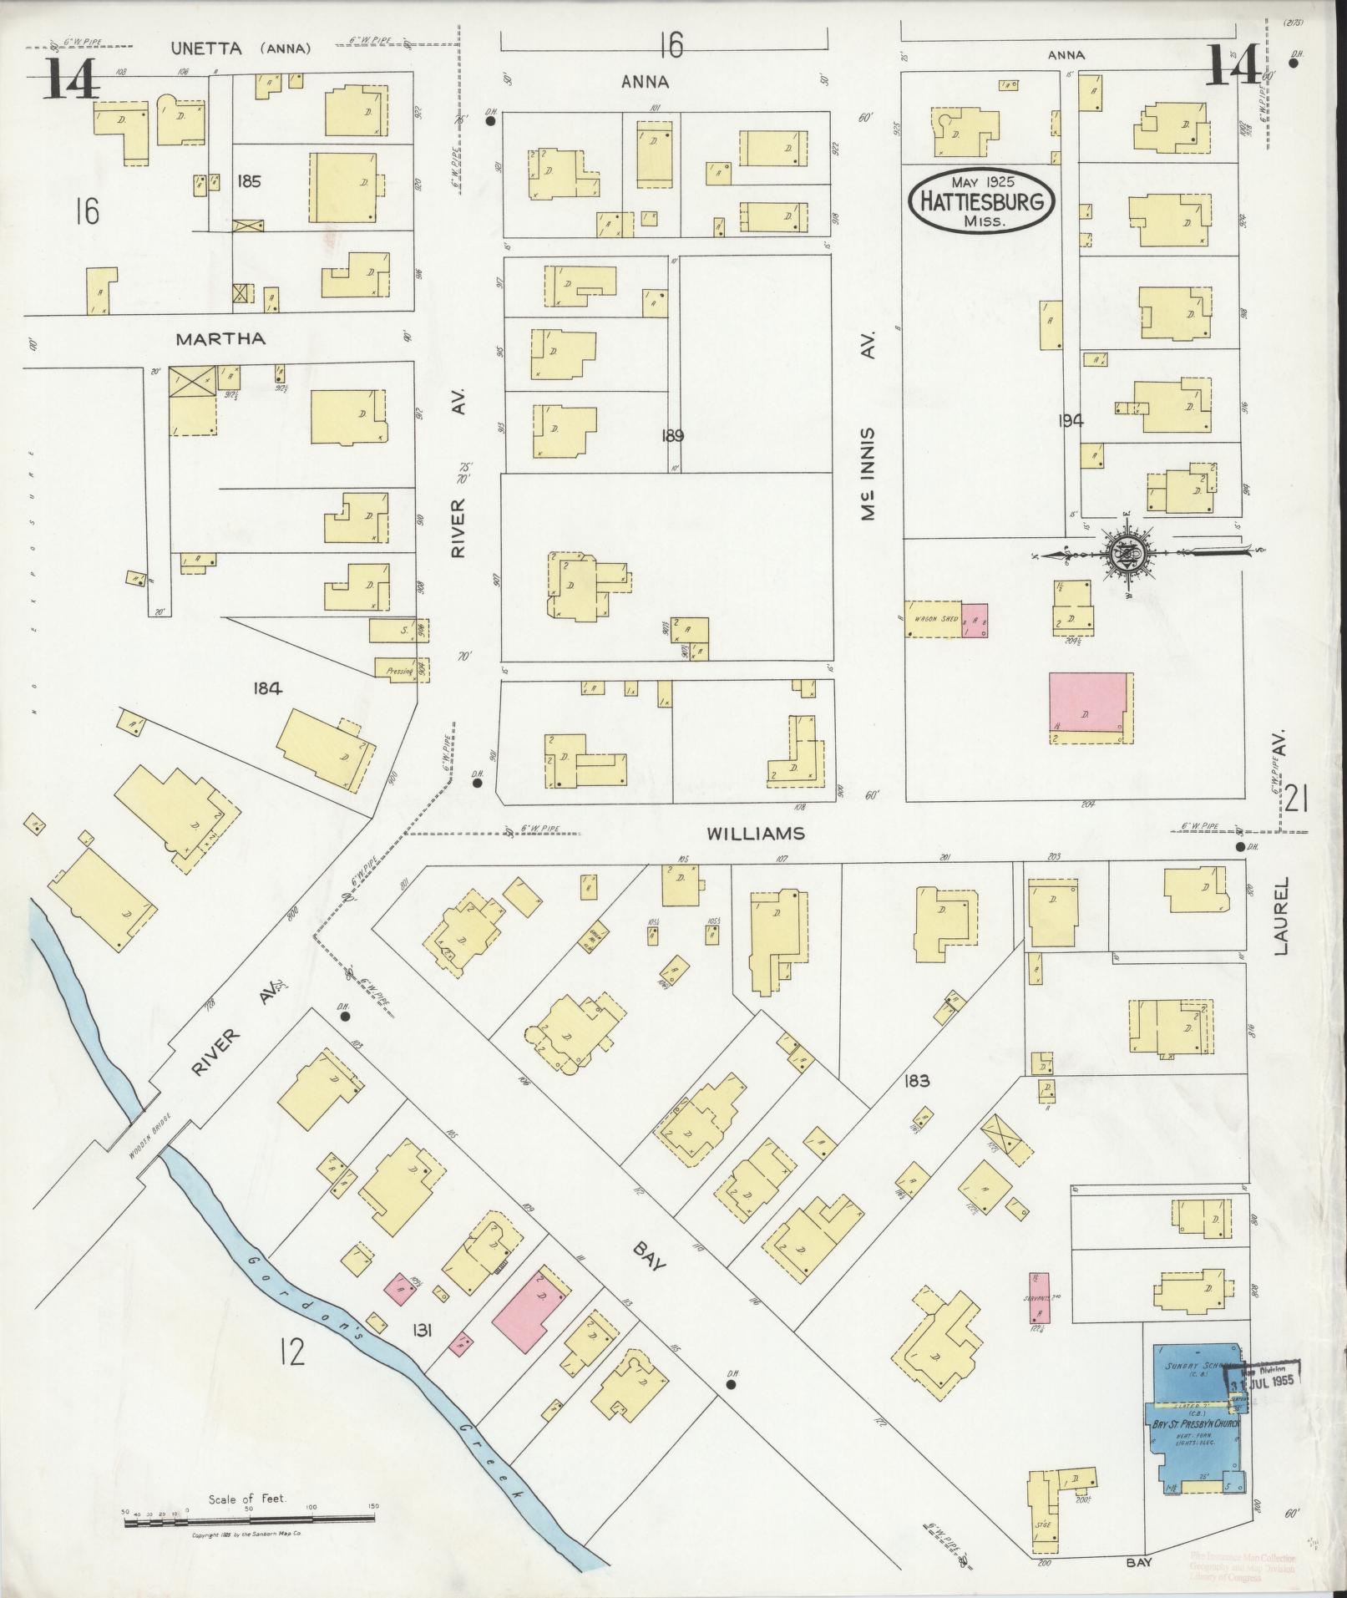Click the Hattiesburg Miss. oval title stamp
(981, 200)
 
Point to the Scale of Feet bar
(251, 1524)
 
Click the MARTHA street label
(220, 339)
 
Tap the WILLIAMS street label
(757, 834)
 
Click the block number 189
(672, 435)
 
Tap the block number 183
(916, 1081)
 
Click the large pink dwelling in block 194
(1086, 707)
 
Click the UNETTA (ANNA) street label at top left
(241, 48)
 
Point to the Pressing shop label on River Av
(400, 670)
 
